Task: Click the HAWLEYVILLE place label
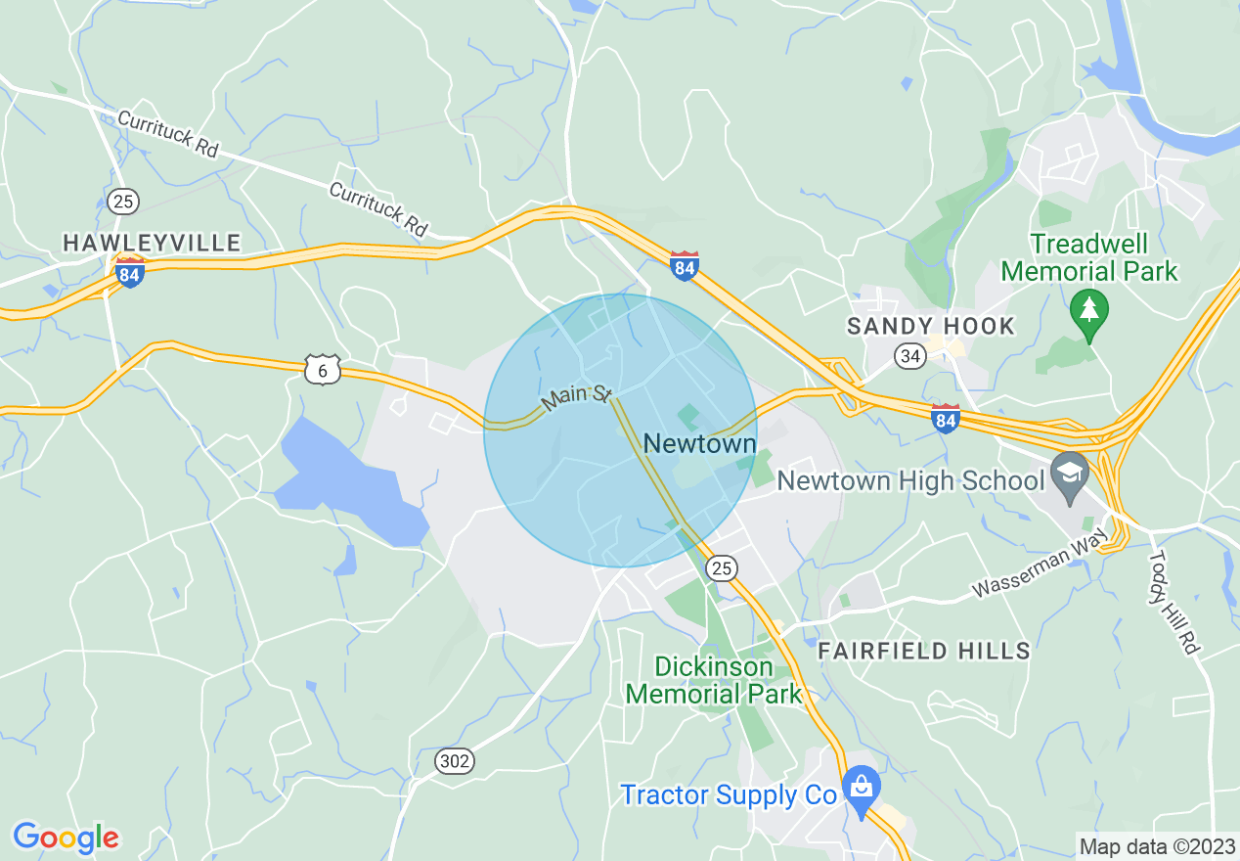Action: click(x=152, y=243)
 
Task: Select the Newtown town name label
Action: click(x=699, y=444)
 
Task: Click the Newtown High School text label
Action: click(x=909, y=480)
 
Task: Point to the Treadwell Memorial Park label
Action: click(x=1089, y=256)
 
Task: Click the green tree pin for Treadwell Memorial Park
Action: click(x=1087, y=311)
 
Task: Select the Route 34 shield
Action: click(x=910, y=356)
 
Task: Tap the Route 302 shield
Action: click(x=454, y=760)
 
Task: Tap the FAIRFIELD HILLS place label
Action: click(x=924, y=651)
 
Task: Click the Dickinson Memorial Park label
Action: click(x=713, y=681)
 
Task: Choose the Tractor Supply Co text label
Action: click(x=729, y=794)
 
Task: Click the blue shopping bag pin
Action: click(x=861, y=788)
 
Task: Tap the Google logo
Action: click(x=66, y=838)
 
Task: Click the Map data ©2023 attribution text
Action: click(x=1155, y=845)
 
